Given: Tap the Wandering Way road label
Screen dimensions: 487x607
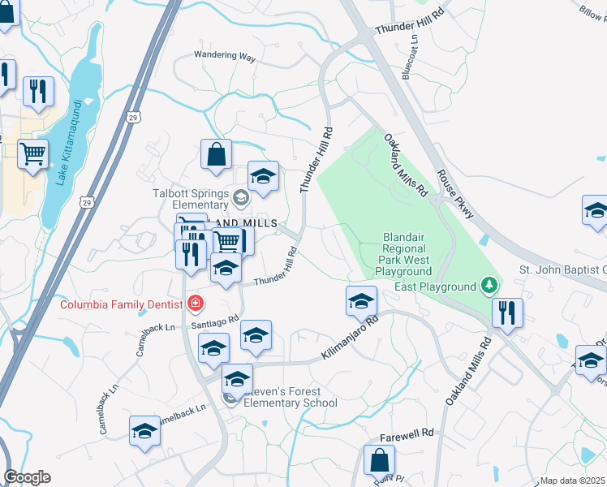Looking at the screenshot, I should click(225, 57).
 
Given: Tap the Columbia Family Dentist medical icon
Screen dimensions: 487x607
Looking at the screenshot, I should click(195, 304).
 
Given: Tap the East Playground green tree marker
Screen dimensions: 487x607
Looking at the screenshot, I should click(489, 286).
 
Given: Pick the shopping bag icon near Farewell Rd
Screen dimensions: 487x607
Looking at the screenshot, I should click(380, 460).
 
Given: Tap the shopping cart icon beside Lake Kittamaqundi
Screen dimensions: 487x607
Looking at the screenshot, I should click(32, 152).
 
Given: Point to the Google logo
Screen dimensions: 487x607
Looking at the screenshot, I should click(28, 477).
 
